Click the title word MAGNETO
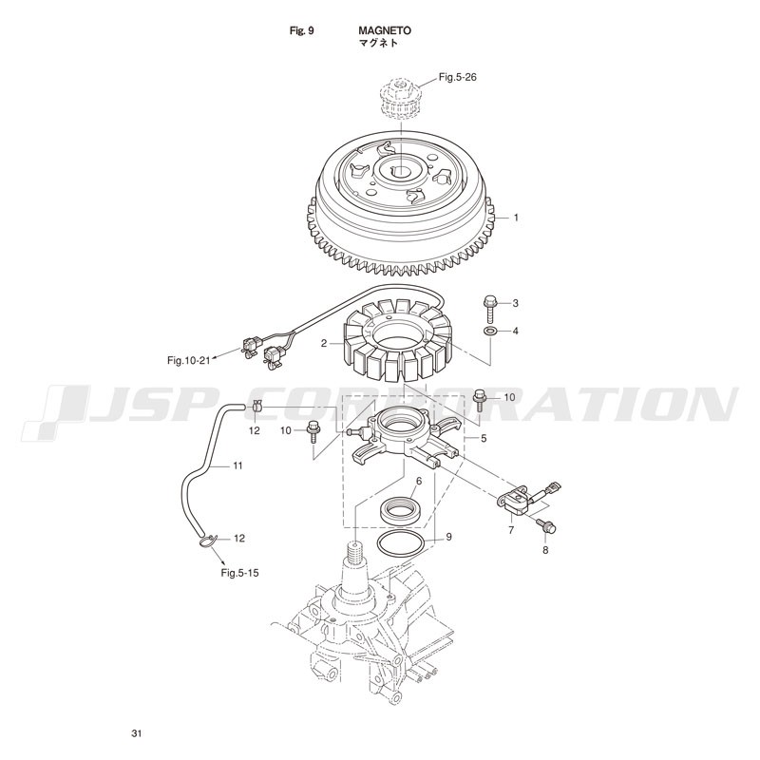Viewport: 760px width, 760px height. (385, 30)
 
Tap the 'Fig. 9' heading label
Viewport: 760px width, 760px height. (301, 30)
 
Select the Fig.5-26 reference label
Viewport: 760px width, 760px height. (457, 77)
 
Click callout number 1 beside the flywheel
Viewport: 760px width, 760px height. (516, 218)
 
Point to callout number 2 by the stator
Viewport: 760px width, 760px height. (324, 344)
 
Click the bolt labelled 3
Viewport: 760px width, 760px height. (489, 308)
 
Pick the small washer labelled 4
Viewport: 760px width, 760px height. (489, 331)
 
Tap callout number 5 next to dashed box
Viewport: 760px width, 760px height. (484, 438)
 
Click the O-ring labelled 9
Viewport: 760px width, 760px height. (402, 546)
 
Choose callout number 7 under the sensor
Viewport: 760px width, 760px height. (511, 530)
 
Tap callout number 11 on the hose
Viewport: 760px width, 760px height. (237, 465)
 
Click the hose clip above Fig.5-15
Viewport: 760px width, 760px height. (207, 540)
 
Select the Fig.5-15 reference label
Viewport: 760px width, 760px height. (239, 573)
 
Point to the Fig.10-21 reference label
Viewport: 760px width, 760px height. (189, 361)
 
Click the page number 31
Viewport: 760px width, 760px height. (137, 733)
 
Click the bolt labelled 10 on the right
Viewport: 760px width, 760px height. (480, 398)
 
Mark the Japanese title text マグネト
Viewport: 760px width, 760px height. (377, 43)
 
